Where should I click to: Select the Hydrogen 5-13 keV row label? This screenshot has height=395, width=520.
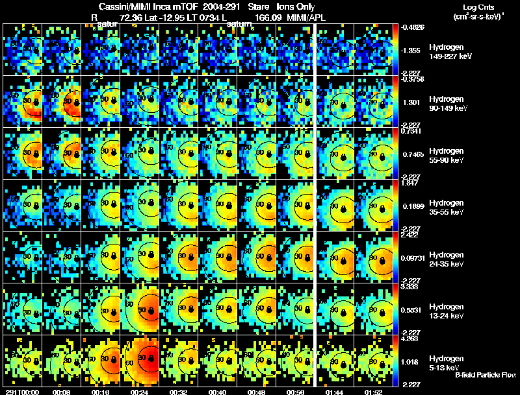[x=445, y=363]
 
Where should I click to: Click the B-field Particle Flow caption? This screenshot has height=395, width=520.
[x=485, y=375]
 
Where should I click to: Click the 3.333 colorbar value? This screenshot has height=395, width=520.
[x=410, y=286]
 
